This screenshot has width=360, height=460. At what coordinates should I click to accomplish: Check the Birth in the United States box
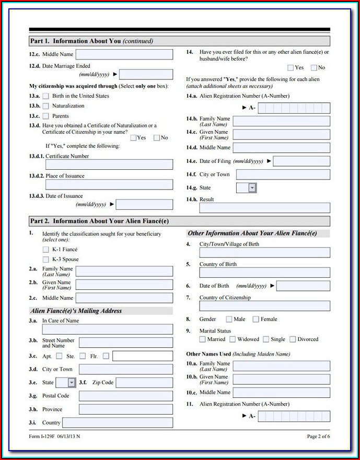click(x=46, y=96)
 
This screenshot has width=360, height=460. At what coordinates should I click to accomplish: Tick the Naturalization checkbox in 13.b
click(x=46, y=106)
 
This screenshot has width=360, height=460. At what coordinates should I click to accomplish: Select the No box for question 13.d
click(x=157, y=138)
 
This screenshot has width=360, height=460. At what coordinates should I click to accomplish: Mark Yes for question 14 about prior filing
click(x=291, y=67)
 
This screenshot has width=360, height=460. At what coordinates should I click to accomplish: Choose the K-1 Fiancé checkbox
click(x=46, y=250)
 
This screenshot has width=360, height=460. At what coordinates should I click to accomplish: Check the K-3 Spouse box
click(x=46, y=260)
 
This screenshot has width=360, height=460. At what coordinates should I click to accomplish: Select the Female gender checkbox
click(x=256, y=319)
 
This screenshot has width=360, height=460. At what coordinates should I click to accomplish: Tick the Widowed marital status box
click(x=233, y=339)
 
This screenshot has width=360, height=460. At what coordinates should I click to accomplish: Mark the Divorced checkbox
click(x=293, y=339)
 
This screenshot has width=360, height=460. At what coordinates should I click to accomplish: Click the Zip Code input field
click(x=144, y=383)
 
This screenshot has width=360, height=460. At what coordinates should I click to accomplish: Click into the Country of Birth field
click(x=264, y=273)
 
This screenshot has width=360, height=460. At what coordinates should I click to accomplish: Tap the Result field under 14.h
click(x=264, y=208)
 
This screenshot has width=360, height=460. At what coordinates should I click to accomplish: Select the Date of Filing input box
click(x=301, y=161)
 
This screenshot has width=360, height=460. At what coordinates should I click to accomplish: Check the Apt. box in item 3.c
click(x=59, y=356)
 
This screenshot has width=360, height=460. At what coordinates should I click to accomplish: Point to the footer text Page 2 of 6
click(x=318, y=436)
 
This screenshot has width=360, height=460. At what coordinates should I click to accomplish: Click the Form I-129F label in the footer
click(x=43, y=436)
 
